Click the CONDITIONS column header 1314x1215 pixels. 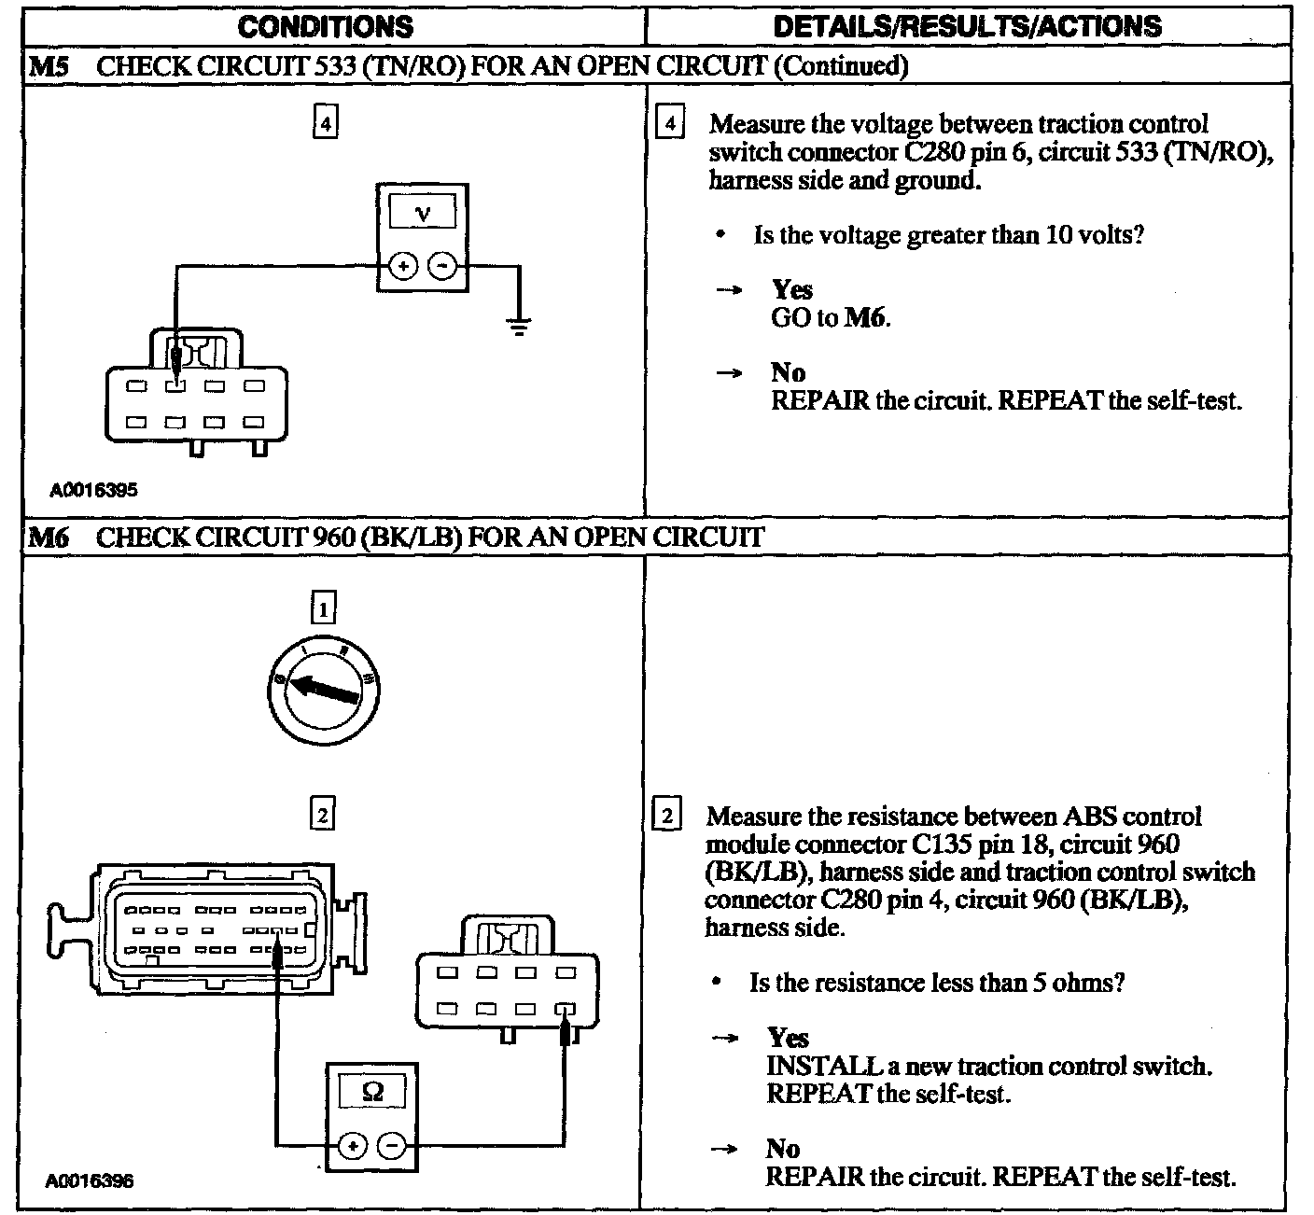325,25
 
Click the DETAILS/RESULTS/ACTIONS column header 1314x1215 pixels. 968,25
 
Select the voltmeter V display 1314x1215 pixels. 423,213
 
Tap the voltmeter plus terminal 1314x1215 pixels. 403,267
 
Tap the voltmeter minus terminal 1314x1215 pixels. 442,267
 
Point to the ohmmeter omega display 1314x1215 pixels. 371,1091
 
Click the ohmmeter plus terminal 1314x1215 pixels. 352,1144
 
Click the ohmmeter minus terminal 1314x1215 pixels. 392,1144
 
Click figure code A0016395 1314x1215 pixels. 93,489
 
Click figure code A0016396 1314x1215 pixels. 90,1180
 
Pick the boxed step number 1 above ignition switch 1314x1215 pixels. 322,609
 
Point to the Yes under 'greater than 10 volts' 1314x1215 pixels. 791,290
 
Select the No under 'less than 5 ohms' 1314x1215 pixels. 783,1148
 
